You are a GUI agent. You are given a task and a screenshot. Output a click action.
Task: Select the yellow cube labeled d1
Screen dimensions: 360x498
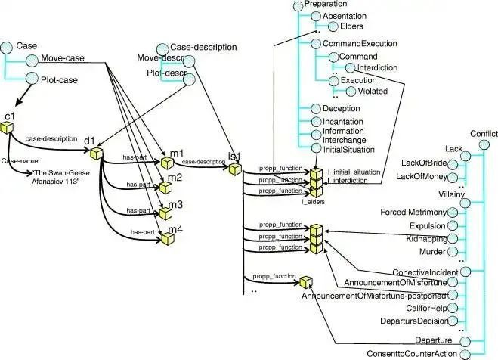tap(96, 154)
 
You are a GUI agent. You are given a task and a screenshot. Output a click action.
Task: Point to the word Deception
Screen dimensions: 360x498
tap(341, 109)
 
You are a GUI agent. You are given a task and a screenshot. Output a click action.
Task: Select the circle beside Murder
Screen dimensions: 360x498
tap(452, 253)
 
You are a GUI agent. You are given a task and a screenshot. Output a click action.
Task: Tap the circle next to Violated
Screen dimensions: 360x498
tap(351, 93)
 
